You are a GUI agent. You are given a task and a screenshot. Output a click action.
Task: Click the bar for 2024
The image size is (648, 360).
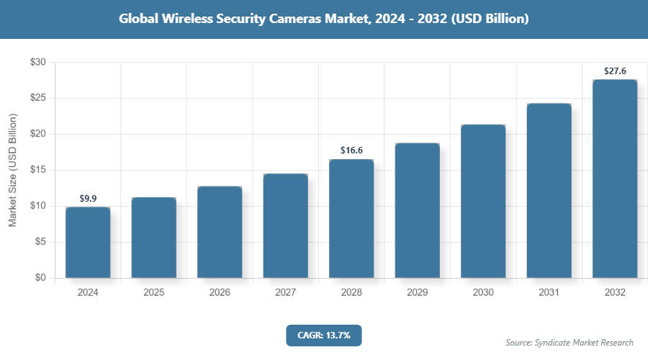(88, 243)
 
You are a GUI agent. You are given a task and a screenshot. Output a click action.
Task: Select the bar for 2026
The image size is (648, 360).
(220, 232)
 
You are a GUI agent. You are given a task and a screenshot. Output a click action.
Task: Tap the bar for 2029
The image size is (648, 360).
(417, 210)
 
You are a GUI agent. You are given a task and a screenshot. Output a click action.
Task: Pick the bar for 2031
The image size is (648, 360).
(549, 191)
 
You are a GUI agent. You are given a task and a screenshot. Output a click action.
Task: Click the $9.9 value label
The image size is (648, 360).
(88, 198)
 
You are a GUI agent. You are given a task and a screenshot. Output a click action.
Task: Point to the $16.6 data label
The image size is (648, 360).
(351, 150)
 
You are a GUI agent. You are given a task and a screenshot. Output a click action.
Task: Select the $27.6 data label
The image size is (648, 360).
(615, 71)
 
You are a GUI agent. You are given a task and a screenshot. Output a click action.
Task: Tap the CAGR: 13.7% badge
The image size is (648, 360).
(323, 335)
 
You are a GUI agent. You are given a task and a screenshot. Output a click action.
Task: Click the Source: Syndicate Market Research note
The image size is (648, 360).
(570, 342)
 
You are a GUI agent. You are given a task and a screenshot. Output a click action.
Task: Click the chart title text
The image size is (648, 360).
(324, 19)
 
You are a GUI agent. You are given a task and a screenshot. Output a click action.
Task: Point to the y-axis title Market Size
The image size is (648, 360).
(12, 171)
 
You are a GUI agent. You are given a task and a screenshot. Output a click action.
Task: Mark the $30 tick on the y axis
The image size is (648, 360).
(37, 63)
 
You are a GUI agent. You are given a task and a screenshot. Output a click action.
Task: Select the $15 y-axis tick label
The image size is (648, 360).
(37, 170)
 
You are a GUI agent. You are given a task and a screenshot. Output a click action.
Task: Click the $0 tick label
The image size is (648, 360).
(40, 278)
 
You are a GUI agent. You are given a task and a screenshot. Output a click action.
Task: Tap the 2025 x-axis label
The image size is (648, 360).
(153, 292)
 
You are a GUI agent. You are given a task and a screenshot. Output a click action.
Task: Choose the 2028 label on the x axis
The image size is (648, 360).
(351, 292)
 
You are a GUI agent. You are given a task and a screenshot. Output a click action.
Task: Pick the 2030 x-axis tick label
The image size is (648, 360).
(483, 292)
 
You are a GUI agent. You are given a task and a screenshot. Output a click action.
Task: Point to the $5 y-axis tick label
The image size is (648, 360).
(40, 242)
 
